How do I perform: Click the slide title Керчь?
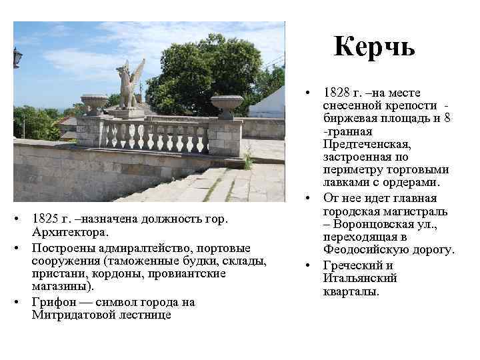375,46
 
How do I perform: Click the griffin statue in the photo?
129,85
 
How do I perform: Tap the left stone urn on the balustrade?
94,103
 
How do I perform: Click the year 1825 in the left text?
45,219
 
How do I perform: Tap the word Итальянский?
360,279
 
